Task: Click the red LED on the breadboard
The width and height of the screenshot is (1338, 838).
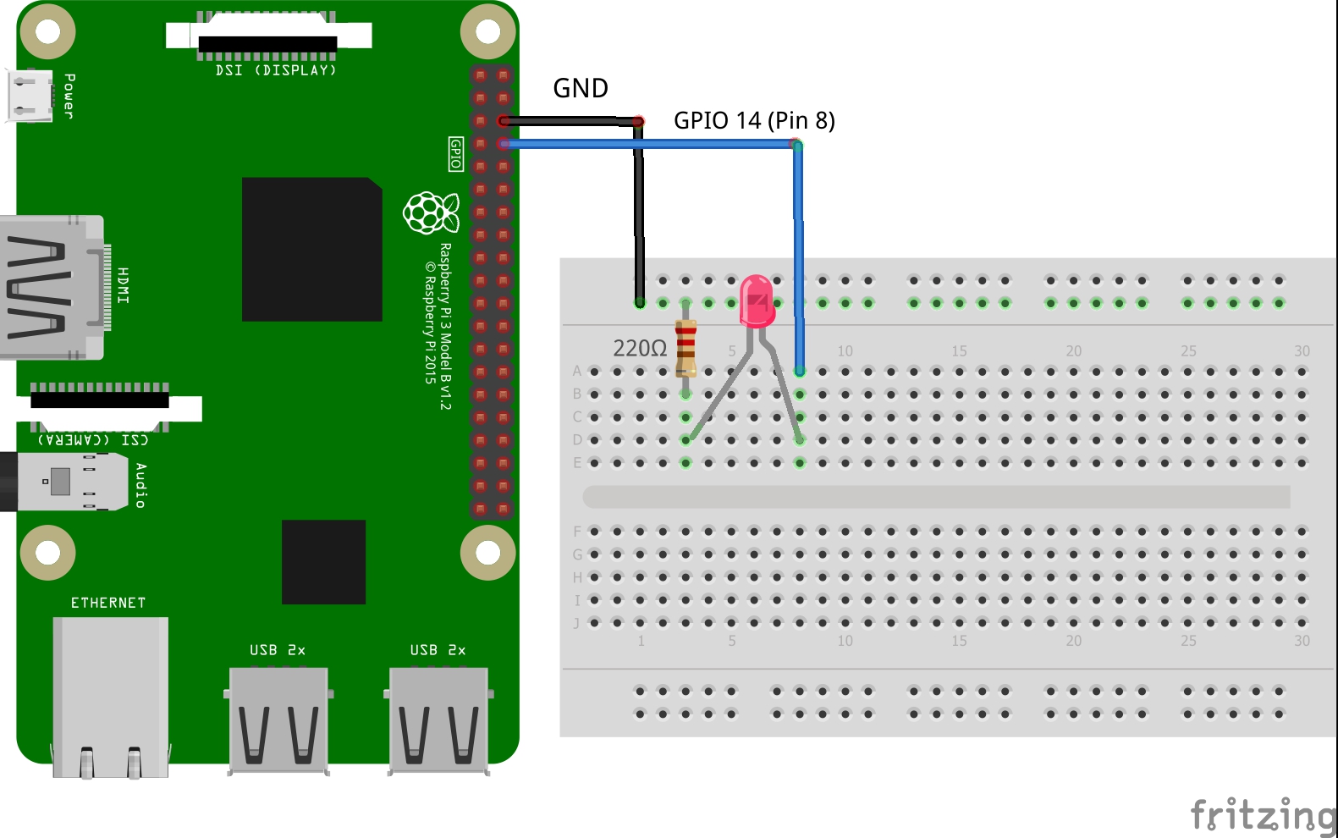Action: pyautogui.click(x=757, y=300)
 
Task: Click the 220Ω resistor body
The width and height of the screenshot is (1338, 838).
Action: pyautogui.click(x=686, y=347)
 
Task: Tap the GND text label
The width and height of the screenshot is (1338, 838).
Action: pyautogui.click(x=580, y=88)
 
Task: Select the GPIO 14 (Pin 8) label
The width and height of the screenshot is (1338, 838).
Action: pyautogui.click(x=753, y=120)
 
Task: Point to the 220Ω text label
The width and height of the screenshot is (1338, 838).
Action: pyautogui.click(x=640, y=348)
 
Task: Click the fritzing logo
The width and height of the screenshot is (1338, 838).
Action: pyautogui.click(x=1263, y=815)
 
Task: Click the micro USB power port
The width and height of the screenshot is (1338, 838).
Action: pyautogui.click(x=30, y=96)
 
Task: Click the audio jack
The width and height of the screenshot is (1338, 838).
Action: pyautogui.click(x=59, y=482)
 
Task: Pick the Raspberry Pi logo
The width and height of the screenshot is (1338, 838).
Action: pyautogui.click(x=431, y=212)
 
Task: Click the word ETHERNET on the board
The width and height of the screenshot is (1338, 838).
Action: pyautogui.click(x=108, y=603)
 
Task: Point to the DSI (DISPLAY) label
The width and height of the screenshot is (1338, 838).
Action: pyautogui.click(x=276, y=70)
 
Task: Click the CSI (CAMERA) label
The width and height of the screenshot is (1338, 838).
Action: pyautogui.click(x=93, y=439)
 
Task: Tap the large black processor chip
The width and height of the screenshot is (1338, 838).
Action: pyautogui.click(x=311, y=249)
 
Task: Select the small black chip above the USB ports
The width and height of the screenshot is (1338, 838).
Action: pyautogui.click(x=323, y=562)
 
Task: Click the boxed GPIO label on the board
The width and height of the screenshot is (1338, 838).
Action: pyautogui.click(x=455, y=154)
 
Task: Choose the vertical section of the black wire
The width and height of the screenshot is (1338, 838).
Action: pyautogui.click(x=639, y=212)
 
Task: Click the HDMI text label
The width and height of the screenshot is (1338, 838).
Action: pyautogui.click(x=124, y=285)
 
